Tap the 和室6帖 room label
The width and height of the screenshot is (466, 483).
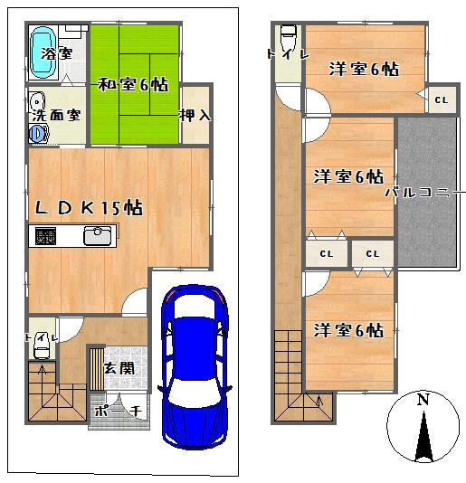tap(133, 84)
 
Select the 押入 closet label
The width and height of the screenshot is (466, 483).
tap(195, 115)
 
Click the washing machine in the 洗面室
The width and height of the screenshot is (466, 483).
tap(38, 133)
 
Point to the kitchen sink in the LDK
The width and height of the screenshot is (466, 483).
tap(98, 236)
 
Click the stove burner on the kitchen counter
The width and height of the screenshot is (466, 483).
tap(45, 236)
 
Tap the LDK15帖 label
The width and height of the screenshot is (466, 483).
tap(89, 208)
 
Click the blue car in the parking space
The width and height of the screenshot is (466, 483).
tap(195, 366)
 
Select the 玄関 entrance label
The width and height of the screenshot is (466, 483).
tap(119, 368)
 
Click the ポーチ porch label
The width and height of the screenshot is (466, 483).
tap(118, 411)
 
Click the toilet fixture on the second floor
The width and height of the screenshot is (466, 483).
tap(289, 36)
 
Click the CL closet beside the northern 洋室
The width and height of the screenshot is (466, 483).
tap(441, 99)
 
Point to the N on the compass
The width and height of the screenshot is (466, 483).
tap(423, 400)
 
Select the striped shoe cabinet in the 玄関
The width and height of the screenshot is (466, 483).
tap(97, 369)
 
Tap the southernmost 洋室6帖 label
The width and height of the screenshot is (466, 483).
tap(348, 330)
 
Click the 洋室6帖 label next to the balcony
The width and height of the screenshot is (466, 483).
tap(348, 176)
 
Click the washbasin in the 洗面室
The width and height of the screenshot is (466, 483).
tap(37, 102)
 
